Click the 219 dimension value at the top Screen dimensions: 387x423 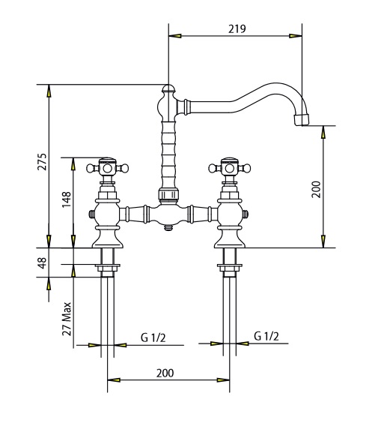(237, 28)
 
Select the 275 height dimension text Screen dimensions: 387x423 (42, 162)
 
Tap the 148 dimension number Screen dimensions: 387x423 (67, 199)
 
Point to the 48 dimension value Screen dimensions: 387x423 (42, 262)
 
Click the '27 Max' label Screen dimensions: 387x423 (67, 319)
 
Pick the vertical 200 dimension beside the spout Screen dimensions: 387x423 (316, 190)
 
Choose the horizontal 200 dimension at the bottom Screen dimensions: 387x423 (165, 373)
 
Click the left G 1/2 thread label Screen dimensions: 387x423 (153, 337)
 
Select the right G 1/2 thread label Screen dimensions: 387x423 (266, 336)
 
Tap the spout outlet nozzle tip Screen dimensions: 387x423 (302, 119)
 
